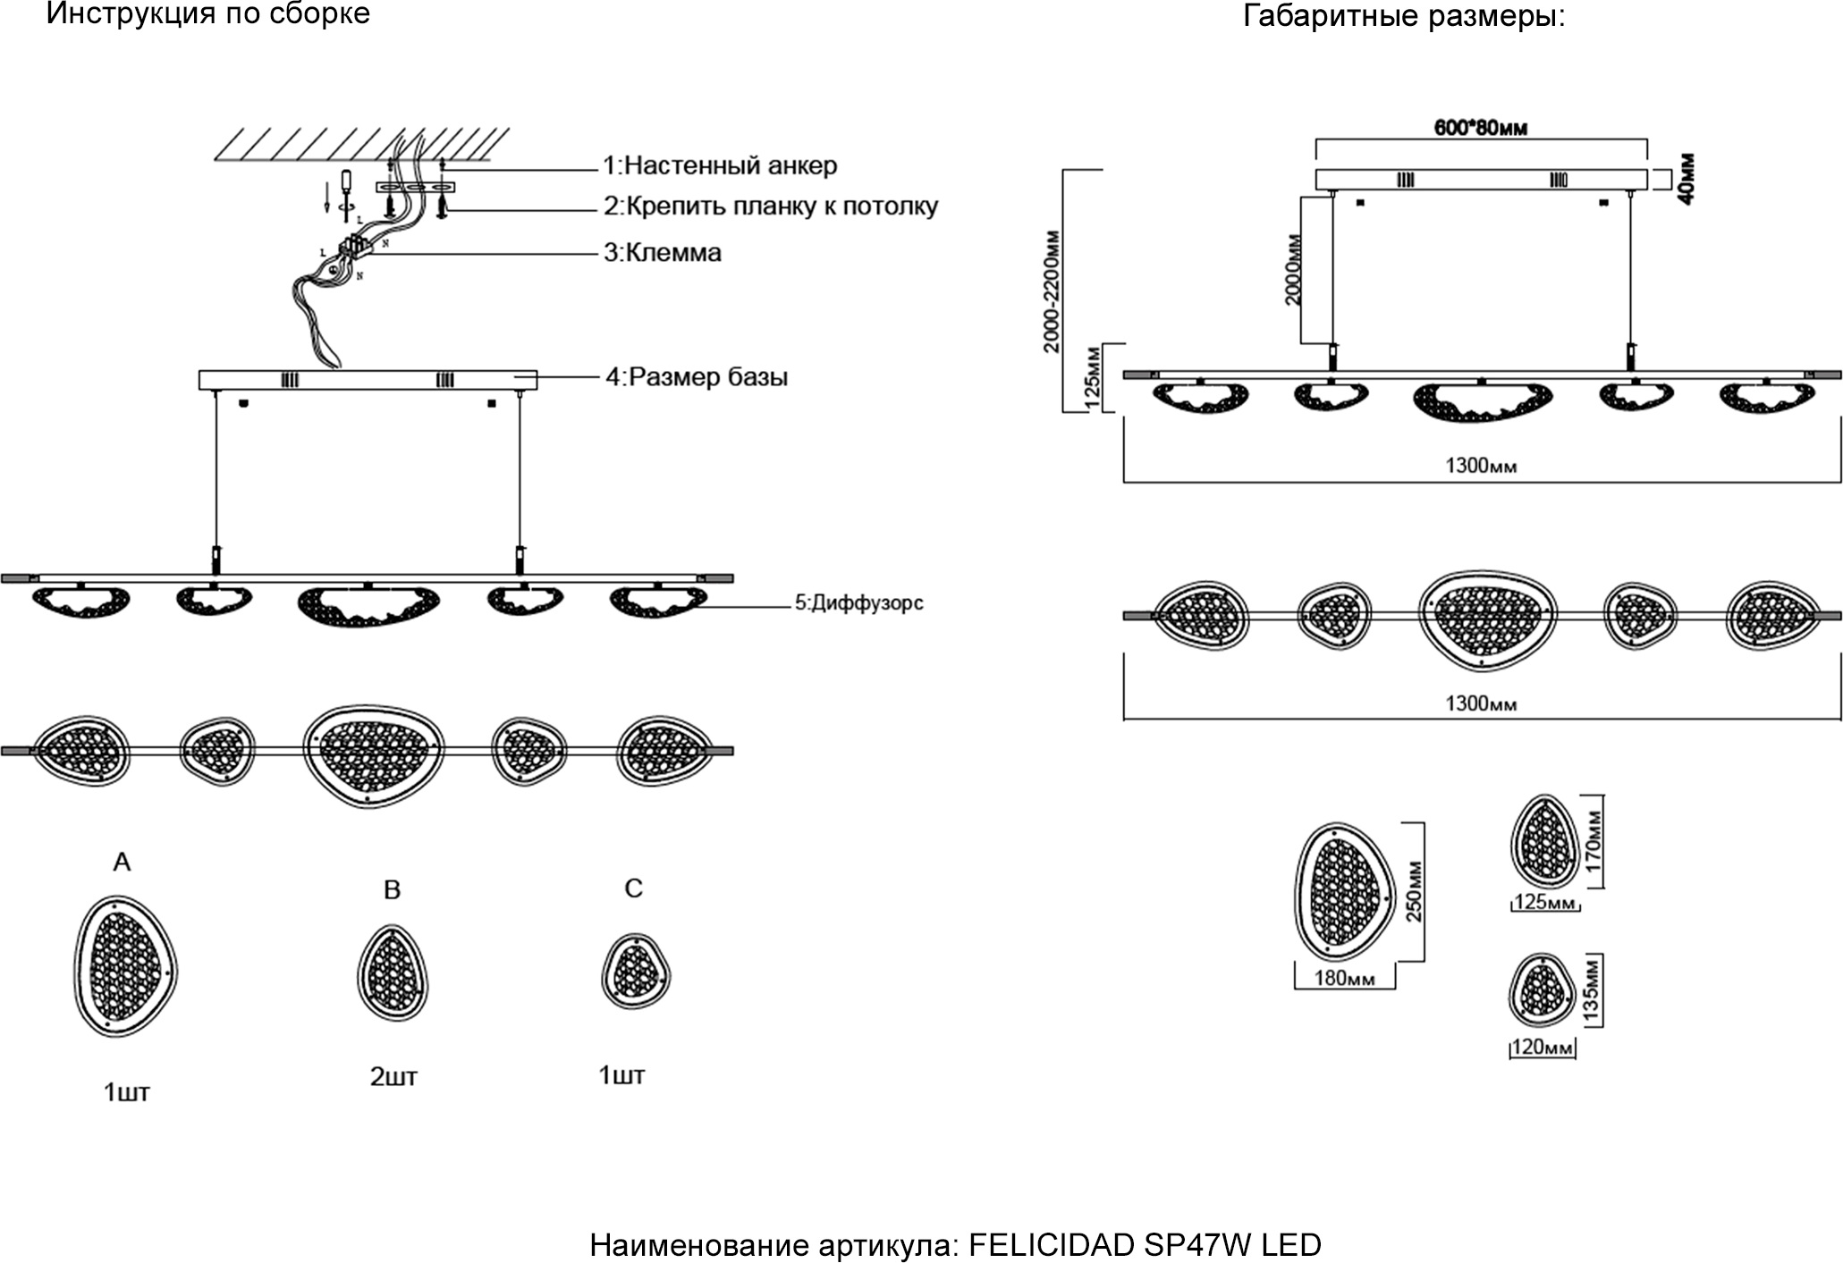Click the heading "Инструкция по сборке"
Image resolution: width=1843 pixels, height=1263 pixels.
click(207, 14)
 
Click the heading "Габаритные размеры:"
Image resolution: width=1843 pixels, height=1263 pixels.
click(1404, 16)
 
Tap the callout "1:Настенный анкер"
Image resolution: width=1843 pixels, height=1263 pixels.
click(720, 165)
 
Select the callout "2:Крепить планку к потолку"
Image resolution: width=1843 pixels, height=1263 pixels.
click(771, 206)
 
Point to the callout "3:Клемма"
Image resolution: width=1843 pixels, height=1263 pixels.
click(663, 253)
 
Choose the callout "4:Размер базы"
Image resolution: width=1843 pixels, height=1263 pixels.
click(697, 377)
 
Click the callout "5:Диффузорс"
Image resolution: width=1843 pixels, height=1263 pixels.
click(858, 603)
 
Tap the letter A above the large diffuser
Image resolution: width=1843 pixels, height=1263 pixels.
click(123, 862)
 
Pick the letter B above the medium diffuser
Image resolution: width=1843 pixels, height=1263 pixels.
click(392, 889)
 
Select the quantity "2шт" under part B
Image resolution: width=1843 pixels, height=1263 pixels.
click(393, 1077)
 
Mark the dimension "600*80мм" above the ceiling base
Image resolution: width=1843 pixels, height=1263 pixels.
click(1481, 128)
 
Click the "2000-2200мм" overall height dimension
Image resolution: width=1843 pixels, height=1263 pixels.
click(1052, 290)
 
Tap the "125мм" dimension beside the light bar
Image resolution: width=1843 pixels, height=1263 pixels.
click(1091, 378)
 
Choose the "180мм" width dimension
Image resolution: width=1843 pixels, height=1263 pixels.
click(1344, 979)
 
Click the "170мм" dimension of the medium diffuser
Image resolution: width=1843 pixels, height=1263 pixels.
click(1594, 841)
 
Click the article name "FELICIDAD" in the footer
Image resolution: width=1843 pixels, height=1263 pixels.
click(1053, 1245)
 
